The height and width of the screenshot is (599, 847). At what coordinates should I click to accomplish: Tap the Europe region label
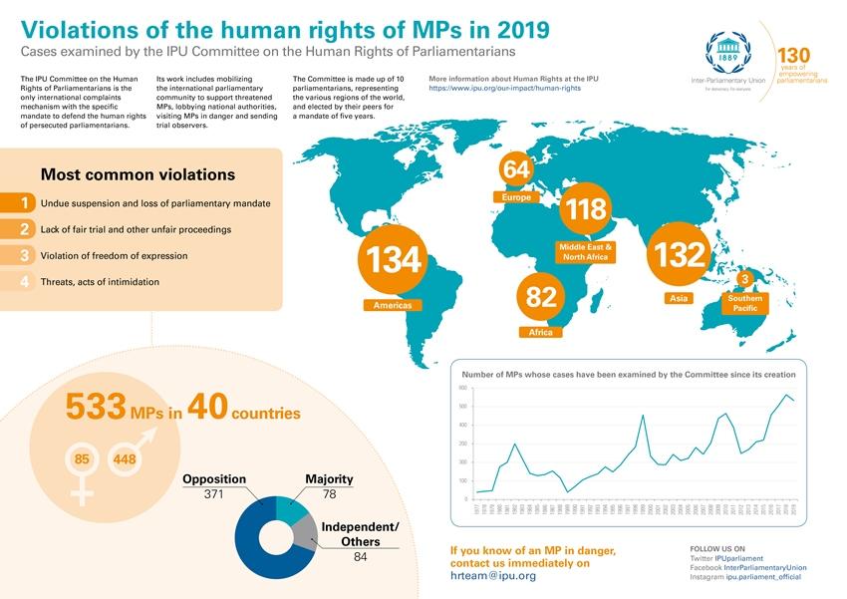[516, 197]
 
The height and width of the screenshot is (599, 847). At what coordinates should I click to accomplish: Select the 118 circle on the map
[586, 209]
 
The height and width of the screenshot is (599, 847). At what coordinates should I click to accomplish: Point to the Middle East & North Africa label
[586, 251]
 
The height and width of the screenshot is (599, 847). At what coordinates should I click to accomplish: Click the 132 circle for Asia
[680, 254]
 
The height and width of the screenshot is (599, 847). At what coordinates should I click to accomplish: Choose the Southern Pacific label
[744, 303]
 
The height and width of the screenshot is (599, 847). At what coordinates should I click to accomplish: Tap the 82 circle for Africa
[541, 296]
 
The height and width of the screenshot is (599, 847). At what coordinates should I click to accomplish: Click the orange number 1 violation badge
[23, 202]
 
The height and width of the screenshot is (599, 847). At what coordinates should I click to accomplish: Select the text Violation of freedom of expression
[114, 256]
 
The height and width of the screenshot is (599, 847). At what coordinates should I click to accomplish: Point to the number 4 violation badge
[23, 282]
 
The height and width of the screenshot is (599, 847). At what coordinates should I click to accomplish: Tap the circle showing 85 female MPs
[83, 459]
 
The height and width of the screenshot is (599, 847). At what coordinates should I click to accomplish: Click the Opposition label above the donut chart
[214, 478]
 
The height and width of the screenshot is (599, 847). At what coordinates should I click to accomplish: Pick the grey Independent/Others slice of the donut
[305, 534]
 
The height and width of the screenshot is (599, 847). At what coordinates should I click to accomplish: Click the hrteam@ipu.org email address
[493, 576]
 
